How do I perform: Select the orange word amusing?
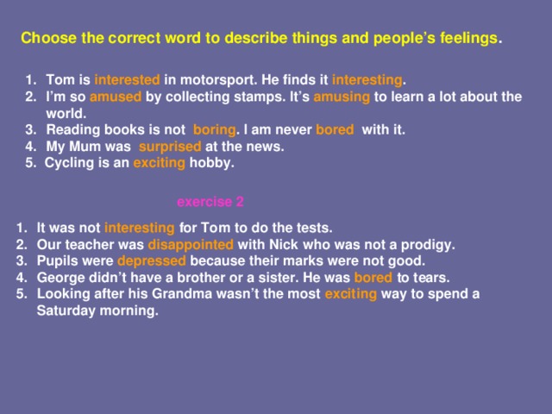[x=342, y=97]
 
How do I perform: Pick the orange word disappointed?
[x=185, y=244]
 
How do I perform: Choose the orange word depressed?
[x=152, y=260]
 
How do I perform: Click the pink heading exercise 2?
[x=210, y=202]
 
